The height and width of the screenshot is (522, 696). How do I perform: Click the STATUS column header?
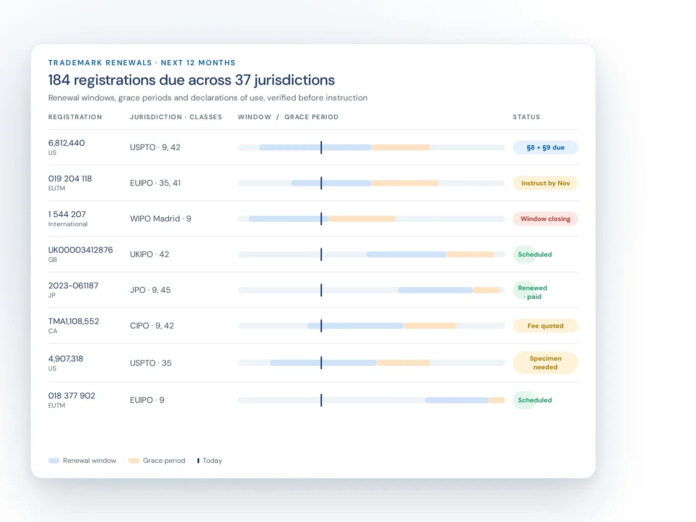click(526, 117)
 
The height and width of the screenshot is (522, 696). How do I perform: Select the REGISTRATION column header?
click(75, 117)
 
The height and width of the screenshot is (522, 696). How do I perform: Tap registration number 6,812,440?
click(66, 143)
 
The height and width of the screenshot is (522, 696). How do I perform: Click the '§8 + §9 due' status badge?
click(545, 147)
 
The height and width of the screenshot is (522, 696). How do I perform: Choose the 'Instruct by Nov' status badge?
click(545, 183)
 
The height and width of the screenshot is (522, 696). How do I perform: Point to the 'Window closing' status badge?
click(545, 219)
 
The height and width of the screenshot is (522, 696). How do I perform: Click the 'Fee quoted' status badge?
click(545, 326)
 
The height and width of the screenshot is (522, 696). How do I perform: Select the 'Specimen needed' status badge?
click(545, 362)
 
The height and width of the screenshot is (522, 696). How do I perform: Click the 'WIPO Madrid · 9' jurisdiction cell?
click(161, 219)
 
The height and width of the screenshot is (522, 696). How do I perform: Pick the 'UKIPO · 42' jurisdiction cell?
click(149, 254)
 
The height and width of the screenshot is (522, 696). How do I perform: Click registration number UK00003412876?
click(81, 250)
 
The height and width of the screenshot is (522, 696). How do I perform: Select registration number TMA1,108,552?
click(74, 321)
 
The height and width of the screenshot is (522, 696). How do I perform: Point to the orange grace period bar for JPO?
click(486, 290)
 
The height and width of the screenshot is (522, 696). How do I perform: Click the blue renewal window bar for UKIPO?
click(406, 255)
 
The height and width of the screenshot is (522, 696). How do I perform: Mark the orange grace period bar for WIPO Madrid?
click(362, 219)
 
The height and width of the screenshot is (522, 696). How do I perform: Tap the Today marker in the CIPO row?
click(321, 326)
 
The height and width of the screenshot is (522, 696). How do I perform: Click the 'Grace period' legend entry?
click(157, 460)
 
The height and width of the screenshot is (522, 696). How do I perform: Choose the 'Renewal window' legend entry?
click(82, 460)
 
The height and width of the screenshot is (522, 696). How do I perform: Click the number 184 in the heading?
click(59, 80)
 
